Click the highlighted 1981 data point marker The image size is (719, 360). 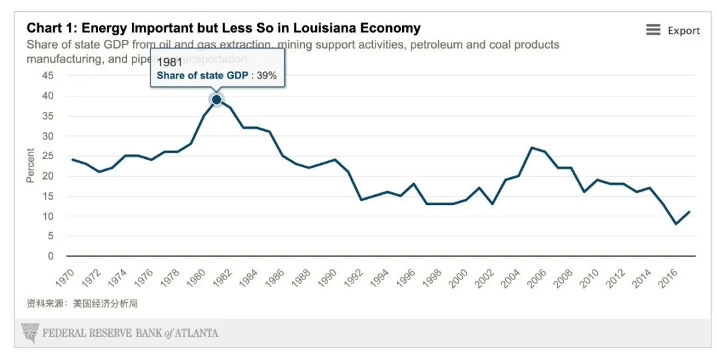pos(216,100)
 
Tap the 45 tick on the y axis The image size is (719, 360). pos(48,76)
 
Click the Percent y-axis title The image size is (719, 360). pos(30,166)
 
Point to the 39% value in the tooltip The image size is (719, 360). pos(266,76)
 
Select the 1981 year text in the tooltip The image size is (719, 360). pos(169,63)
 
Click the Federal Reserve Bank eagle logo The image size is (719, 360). pos(30,333)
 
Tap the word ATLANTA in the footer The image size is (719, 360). pos(196,333)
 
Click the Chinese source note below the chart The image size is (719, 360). pos(82,303)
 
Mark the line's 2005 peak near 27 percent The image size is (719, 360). pos(531,148)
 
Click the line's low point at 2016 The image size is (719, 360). pos(676,224)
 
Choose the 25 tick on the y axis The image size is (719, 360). pos(48,156)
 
